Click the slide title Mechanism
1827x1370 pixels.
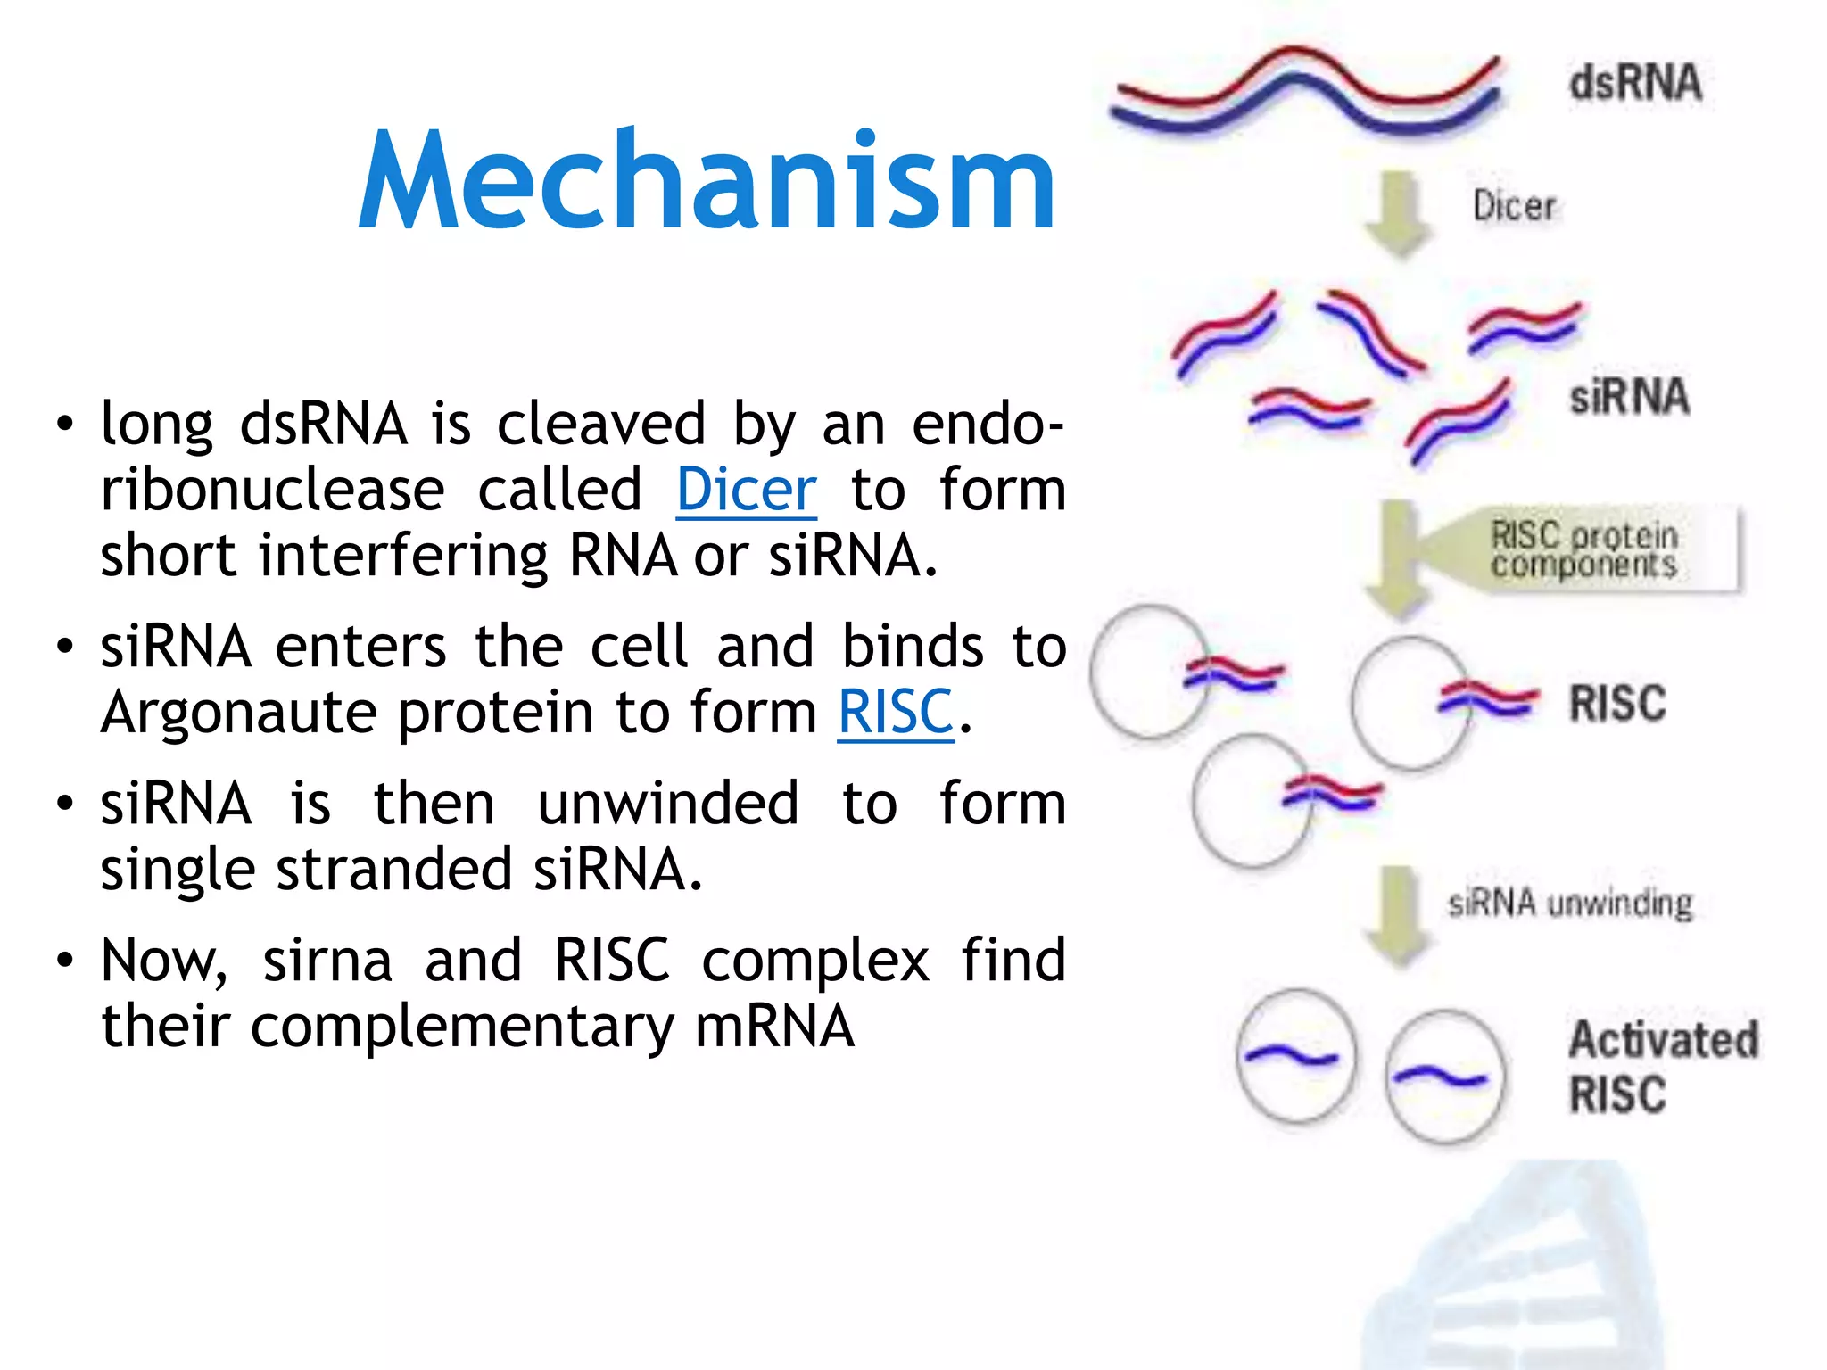707,180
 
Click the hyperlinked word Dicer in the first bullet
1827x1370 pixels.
746,490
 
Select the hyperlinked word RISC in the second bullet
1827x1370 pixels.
896,713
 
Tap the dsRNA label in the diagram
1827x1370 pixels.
1635,83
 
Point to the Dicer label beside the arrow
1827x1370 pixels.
1514,206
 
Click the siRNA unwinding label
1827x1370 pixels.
1570,904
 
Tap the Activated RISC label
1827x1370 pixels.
1663,1067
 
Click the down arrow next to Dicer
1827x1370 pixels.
1399,215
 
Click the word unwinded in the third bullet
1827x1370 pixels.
667,804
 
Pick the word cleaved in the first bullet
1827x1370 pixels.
600,424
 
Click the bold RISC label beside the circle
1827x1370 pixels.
1617,704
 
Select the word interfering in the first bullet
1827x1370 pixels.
402,556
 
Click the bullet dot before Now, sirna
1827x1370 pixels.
64,961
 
